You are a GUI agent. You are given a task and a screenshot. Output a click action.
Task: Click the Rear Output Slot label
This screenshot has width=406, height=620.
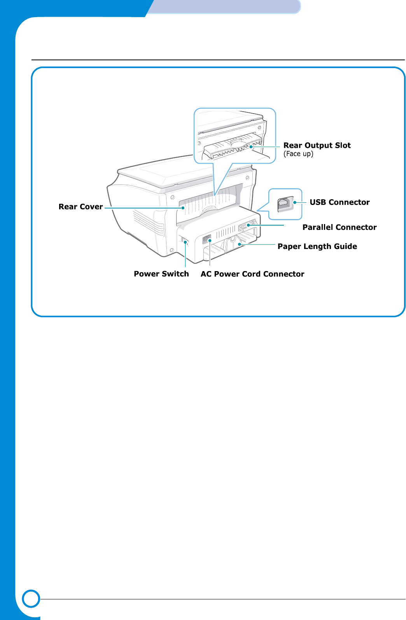point(317,145)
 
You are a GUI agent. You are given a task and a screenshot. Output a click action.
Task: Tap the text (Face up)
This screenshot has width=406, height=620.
point(298,154)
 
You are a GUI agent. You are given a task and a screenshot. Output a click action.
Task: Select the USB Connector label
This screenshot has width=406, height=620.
point(339,202)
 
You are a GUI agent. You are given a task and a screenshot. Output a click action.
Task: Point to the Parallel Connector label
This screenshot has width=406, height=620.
point(339,228)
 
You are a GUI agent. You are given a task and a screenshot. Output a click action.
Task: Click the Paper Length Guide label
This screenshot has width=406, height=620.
point(317,247)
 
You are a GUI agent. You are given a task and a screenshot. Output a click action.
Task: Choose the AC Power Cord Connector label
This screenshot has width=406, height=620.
point(252,274)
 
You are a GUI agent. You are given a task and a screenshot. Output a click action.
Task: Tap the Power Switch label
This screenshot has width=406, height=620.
point(161,274)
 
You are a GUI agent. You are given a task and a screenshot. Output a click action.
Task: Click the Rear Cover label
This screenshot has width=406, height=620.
point(80,207)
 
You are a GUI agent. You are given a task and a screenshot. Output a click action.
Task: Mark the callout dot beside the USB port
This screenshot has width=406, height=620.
point(295,202)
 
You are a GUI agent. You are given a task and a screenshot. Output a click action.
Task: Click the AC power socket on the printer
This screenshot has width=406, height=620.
point(206,239)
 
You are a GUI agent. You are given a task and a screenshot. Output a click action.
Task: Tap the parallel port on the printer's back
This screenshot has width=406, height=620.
point(246,225)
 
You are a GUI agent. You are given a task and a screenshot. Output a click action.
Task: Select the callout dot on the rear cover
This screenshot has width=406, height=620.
point(183,208)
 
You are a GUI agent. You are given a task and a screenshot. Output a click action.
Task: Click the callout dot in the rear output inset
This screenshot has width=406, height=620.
point(251,147)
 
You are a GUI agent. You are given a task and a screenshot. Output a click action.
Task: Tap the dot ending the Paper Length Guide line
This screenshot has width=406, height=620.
point(240,244)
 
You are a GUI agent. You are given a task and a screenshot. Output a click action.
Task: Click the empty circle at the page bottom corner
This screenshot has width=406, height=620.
point(31,599)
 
